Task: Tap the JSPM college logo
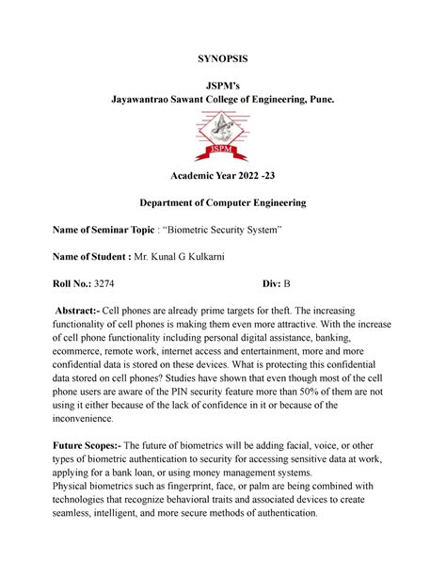point(223,135)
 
